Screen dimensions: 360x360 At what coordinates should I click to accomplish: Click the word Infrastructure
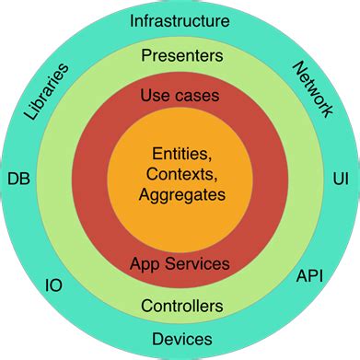pyautogui.click(x=180, y=19)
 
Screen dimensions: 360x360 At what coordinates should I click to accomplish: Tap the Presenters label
pyautogui.click(x=180, y=56)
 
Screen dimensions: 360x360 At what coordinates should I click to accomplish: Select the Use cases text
pyautogui.click(x=180, y=95)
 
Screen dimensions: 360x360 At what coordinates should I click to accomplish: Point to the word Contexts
pyautogui.click(x=180, y=175)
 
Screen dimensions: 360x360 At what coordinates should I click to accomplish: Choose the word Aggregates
pyautogui.click(x=181, y=194)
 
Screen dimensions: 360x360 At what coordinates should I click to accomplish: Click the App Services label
pyautogui.click(x=180, y=263)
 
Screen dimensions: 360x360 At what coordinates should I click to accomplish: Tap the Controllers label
pyautogui.click(x=180, y=305)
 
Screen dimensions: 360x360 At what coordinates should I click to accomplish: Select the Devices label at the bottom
pyautogui.click(x=180, y=339)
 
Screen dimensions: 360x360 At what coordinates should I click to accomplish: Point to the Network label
pyautogui.click(x=313, y=88)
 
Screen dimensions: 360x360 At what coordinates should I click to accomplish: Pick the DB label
pyautogui.click(x=17, y=178)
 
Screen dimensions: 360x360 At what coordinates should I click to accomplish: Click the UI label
pyautogui.click(x=340, y=178)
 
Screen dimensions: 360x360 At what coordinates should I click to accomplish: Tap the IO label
pyautogui.click(x=54, y=285)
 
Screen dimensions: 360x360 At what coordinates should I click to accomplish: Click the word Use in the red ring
pyautogui.click(x=154, y=95)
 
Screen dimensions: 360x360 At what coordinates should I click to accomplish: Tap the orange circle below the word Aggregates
pyautogui.click(x=180, y=221)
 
